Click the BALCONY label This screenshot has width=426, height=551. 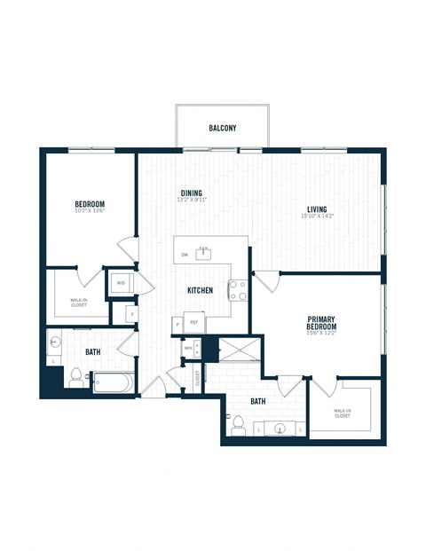point(222,128)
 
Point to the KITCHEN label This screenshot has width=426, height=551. point(199,290)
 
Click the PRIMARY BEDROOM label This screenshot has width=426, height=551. point(321,324)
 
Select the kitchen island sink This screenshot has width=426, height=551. point(203,254)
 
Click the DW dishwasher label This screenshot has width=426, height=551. point(185,255)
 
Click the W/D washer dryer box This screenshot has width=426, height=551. point(120,283)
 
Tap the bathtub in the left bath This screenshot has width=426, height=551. point(113,383)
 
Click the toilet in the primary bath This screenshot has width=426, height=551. point(237,424)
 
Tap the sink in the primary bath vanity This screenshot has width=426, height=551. point(280,429)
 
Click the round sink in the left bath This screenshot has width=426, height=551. point(55,342)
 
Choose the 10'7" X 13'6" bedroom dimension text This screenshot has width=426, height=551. point(90,212)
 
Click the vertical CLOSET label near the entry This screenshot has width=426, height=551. point(197,376)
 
